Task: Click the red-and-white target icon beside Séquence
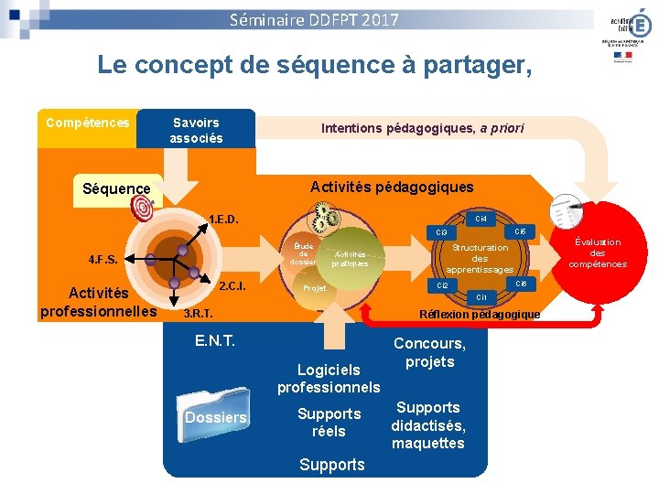(145, 209)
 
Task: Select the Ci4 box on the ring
(481, 219)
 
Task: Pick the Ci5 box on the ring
(519, 231)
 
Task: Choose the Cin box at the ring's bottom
(481, 297)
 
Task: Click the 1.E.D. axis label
(225, 220)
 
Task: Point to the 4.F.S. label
(103, 259)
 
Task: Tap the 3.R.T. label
(199, 314)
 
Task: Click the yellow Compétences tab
(88, 123)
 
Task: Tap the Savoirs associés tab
(196, 130)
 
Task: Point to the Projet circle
(314, 287)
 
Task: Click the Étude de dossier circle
(303, 254)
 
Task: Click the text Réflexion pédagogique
(479, 315)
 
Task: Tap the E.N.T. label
(215, 340)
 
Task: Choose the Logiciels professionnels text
(329, 378)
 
